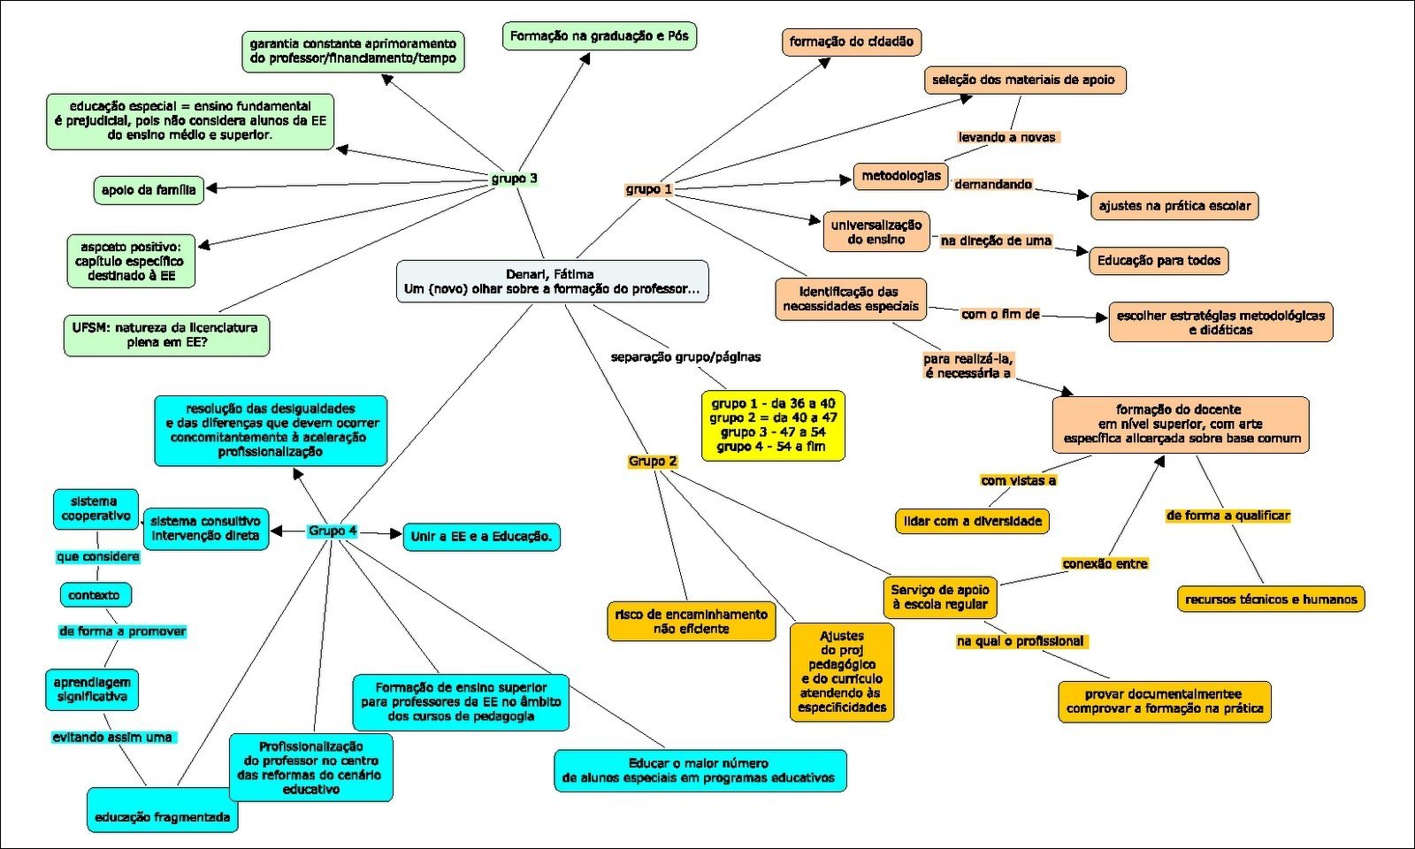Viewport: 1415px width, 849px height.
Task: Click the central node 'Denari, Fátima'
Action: [552, 281]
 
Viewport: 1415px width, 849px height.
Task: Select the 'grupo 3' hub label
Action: [514, 179]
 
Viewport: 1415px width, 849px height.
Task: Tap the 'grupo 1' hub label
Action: [649, 189]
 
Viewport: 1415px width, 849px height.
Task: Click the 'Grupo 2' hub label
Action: [653, 462]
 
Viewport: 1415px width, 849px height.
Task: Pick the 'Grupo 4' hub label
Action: [333, 531]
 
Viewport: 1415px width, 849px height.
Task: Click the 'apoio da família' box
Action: [149, 190]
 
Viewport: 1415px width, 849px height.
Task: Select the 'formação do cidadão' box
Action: [851, 42]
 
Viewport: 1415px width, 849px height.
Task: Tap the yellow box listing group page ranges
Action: [773, 425]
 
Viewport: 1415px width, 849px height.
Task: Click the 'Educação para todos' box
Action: [1159, 261]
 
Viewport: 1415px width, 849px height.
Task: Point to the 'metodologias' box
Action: [901, 176]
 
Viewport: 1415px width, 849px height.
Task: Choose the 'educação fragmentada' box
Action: [163, 817]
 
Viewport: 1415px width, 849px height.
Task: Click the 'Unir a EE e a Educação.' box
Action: [481, 537]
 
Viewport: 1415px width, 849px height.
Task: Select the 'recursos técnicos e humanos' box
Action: [1271, 600]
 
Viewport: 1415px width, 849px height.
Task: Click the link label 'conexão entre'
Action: [1105, 563]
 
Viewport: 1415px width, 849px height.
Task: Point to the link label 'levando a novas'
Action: [1006, 137]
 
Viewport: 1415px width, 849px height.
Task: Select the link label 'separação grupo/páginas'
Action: [685, 357]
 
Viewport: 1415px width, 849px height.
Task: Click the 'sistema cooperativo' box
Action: [96, 509]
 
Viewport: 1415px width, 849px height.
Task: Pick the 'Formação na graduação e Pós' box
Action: [599, 36]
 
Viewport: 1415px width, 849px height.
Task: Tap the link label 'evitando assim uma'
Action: [112, 737]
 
